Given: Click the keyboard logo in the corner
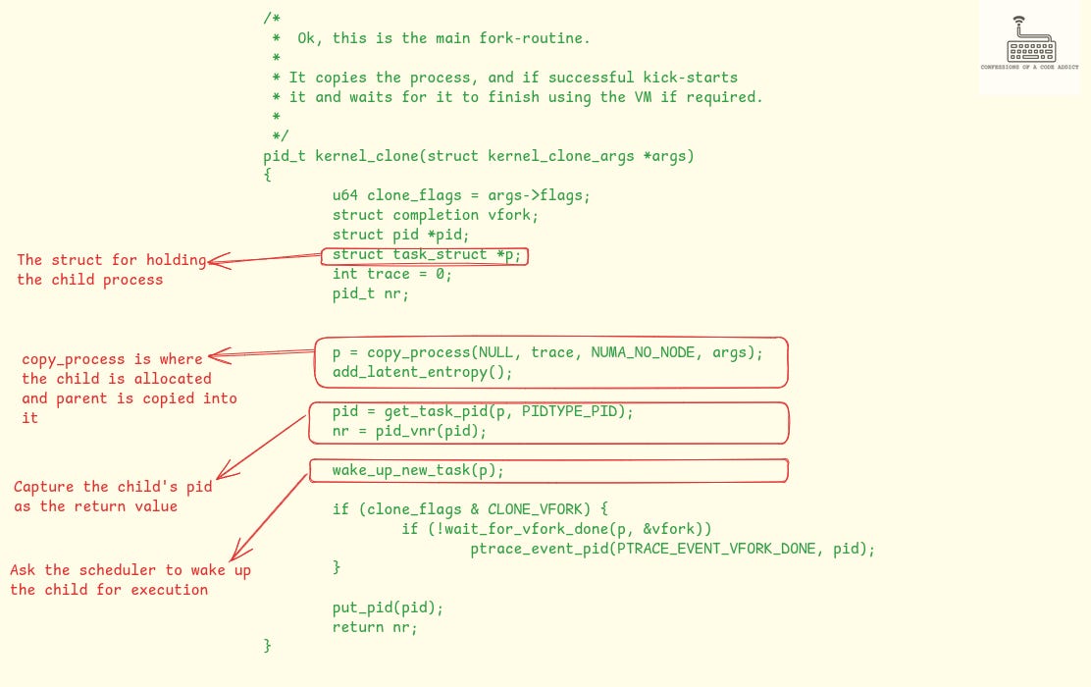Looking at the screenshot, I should pyautogui.click(x=1028, y=45).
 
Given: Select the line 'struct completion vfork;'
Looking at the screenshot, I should pyautogui.click(x=436, y=215).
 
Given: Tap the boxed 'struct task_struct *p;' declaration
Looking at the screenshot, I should pyautogui.click(x=425, y=255).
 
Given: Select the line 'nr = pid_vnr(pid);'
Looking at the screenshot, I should pyautogui.click(x=409, y=431).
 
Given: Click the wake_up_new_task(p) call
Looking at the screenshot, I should pyautogui.click(x=418, y=470).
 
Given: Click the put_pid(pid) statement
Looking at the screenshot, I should pyautogui.click(x=388, y=608).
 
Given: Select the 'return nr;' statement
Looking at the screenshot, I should pyautogui.click(x=375, y=627).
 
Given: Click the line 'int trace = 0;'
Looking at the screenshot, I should pyautogui.click(x=392, y=274).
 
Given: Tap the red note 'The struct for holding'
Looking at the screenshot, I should pyautogui.click(x=111, y=260).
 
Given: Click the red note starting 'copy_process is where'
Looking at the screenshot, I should pyautogui.click(x=112, y=359).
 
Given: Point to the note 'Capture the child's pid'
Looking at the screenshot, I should pyautogui.click(x=112, y=487).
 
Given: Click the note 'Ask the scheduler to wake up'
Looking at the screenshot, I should pyautogui.click(x=130, y=570).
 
